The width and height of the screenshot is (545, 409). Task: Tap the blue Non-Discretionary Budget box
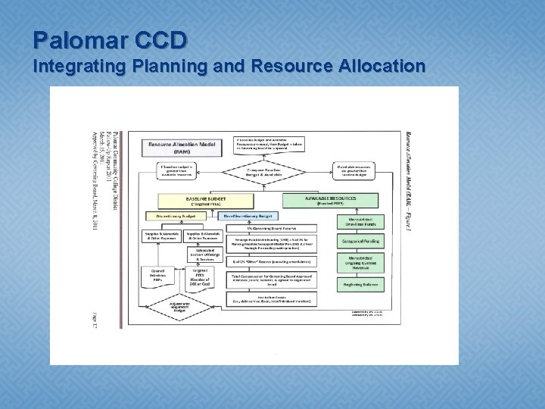tap(248, 216)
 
